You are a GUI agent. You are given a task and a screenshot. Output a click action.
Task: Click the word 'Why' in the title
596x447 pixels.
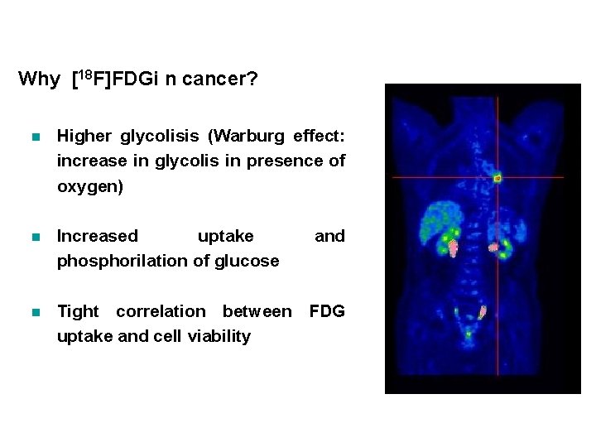point(39,79)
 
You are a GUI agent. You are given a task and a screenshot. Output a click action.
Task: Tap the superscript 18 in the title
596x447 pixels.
point(87,74)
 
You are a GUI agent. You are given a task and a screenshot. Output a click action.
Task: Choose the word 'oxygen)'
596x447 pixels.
point(89,186)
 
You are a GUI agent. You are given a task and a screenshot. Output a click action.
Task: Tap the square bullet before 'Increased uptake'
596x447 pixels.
point(34,237)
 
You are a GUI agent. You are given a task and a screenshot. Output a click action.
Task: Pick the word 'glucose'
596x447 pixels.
point(247,261)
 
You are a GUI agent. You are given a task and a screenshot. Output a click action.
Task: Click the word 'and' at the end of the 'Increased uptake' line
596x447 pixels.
point(329,236)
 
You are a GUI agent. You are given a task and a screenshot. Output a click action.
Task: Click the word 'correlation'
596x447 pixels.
point(161,311)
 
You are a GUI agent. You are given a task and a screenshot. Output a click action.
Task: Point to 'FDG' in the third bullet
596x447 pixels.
point(327,311)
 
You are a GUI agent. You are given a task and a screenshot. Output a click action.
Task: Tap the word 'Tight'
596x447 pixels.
point(78,311)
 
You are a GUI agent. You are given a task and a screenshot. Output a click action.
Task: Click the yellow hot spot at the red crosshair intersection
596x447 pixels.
point(497,177)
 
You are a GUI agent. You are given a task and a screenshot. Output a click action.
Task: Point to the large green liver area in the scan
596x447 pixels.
point(435,223)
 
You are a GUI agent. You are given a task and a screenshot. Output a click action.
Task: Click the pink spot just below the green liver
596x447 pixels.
point(453,247)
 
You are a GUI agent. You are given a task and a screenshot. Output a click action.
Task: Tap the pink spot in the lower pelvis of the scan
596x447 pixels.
point(483,312)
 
